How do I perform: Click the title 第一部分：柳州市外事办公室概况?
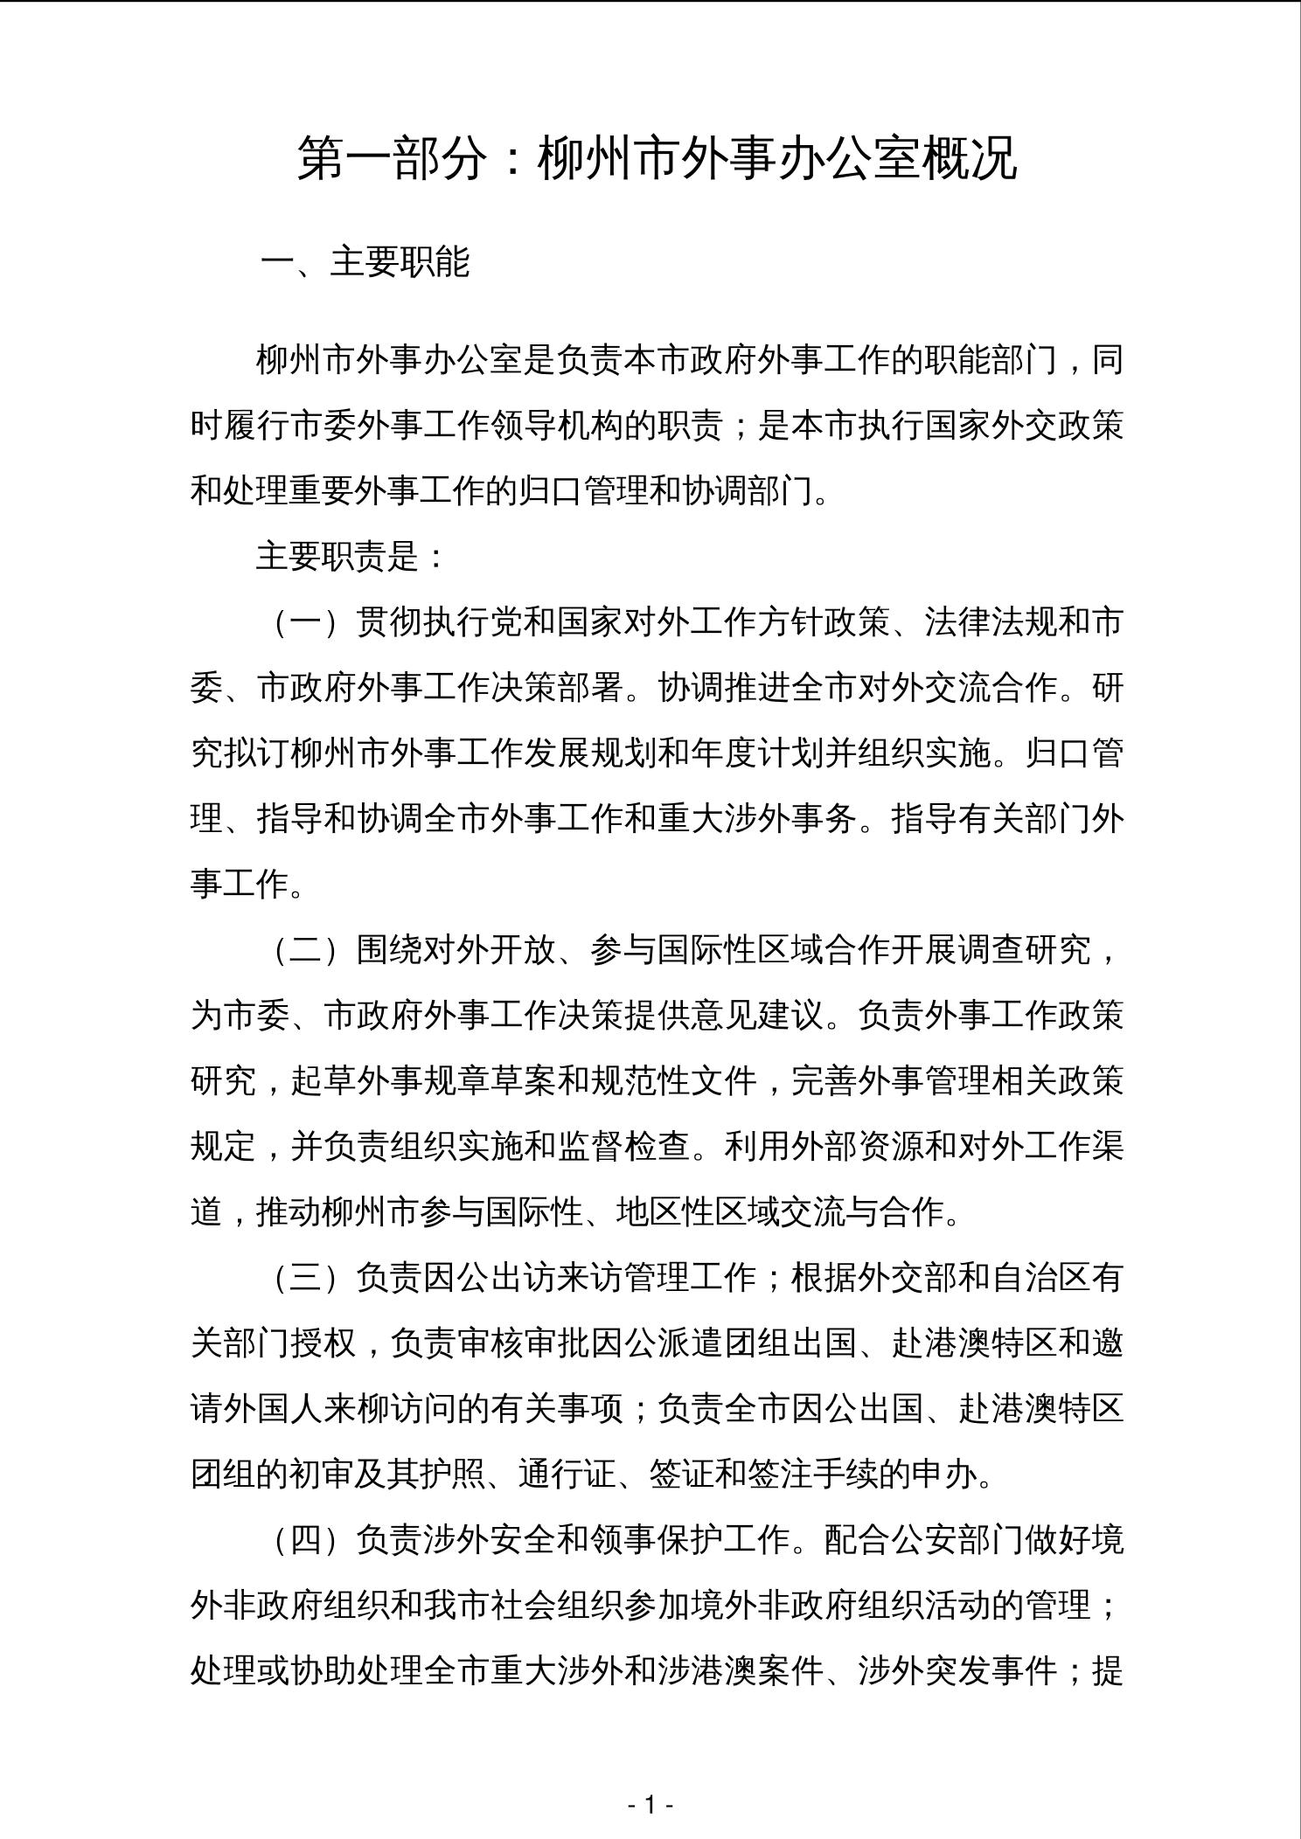pos(657,159)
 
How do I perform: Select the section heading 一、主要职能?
pos(365,262)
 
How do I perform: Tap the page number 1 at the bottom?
pos(650,1804)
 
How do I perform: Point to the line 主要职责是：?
pos(351,557)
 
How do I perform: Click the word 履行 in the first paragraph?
pos(257,427)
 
